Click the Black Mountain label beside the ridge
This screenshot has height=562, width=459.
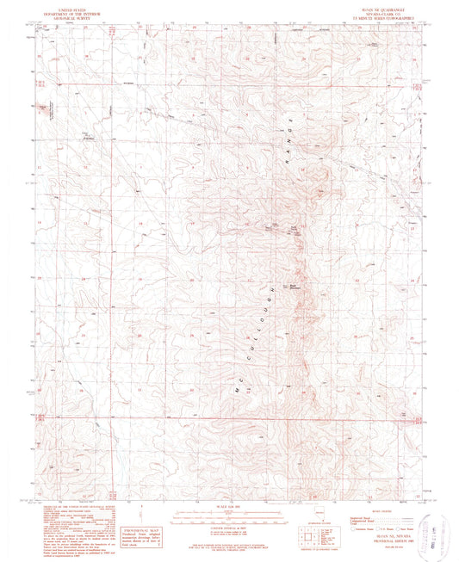[x=292, y=277]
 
